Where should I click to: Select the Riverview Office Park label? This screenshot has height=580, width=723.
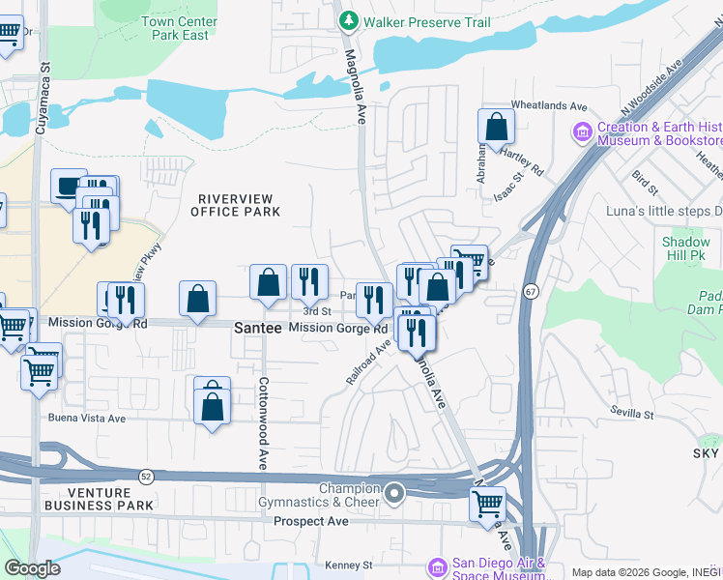tap(233, 205)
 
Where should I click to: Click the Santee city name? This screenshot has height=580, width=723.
tap(257, 329)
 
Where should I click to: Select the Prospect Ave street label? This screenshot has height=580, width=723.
tap(310, 521)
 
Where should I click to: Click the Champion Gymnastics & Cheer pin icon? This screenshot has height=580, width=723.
tap(393, 495)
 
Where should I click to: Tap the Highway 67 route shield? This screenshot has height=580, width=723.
tap(532, 290)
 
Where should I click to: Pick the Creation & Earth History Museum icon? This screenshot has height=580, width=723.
tap(582, 130)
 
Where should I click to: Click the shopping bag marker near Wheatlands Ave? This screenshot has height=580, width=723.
tap(496, 127)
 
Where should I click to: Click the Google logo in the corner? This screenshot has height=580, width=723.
tap(32, 568)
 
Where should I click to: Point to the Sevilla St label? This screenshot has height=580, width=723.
tap(632, 413)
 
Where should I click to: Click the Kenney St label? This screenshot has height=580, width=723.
tap(349, 565)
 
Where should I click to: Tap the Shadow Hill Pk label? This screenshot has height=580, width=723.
tap(685, 248)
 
